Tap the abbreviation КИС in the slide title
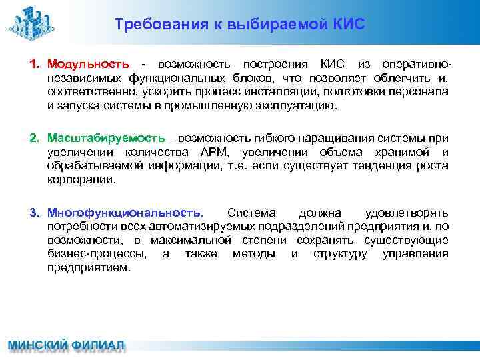(349, 25)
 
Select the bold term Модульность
(88, 65)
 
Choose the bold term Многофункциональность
(125, 213)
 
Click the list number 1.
(34, 65)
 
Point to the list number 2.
(34, 138)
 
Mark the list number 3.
(34, 213)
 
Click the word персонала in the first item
(424, 92)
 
